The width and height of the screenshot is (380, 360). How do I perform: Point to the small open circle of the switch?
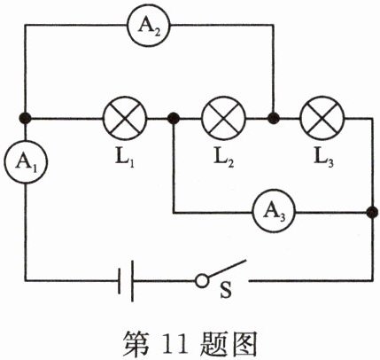pos(202,281)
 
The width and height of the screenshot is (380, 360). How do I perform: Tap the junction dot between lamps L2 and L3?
pos(273,118)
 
